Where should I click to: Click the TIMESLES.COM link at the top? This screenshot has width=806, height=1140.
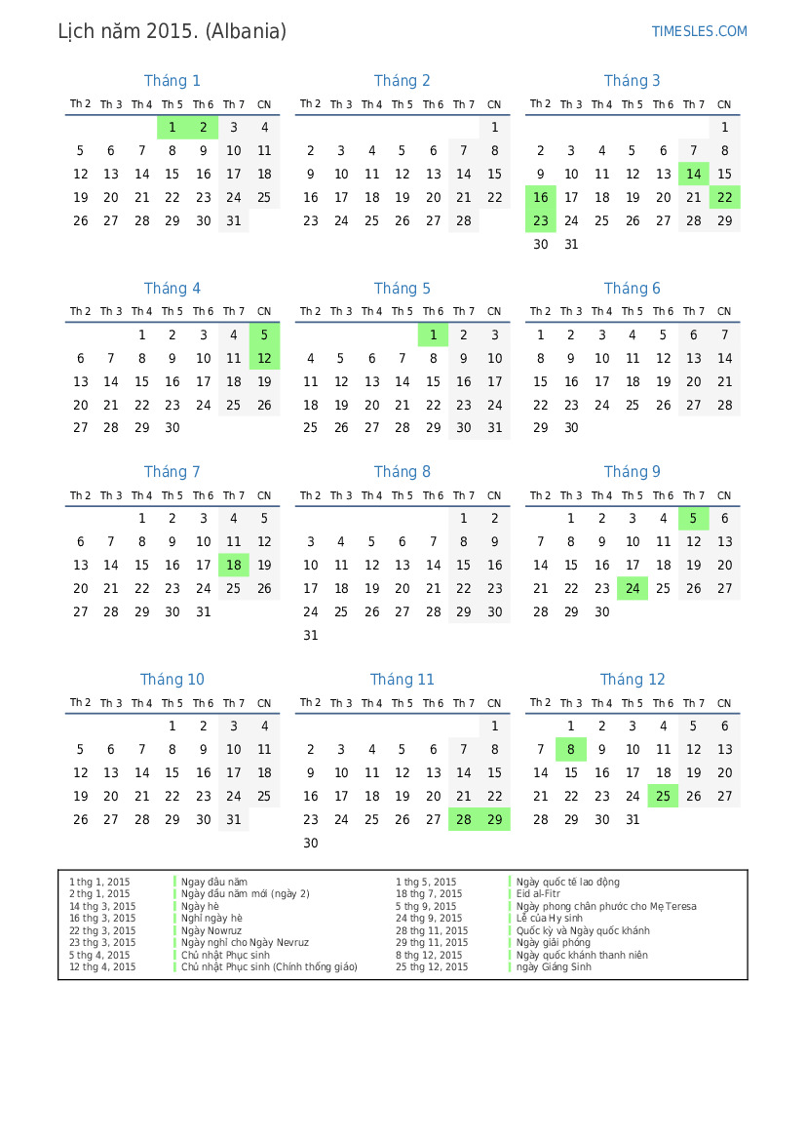click(699, 31)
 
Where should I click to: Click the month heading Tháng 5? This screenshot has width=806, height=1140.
click(402, 289)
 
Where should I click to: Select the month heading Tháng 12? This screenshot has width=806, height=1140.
click(633, 680)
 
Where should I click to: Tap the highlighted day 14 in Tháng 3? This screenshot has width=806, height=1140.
click(693, 175)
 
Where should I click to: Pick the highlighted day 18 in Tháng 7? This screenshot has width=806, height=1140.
click(233, 566)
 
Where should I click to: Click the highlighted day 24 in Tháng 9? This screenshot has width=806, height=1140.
click(633, 589)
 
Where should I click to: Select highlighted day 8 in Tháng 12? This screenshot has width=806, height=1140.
click(570, 750)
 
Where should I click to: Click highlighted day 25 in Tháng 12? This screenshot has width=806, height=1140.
click(663, 797)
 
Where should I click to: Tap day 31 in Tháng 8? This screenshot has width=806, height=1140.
click(310, 636)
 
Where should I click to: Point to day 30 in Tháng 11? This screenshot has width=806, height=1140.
click(310, 844)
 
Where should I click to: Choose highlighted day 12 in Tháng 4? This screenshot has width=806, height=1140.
click(264, 359)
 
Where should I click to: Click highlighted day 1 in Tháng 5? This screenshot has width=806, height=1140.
click(433, 335)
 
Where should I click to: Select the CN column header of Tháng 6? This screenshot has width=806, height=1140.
click(723, 312)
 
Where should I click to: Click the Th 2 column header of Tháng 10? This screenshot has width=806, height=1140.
click(80, 703)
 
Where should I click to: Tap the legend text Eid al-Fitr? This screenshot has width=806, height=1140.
click(538, 894)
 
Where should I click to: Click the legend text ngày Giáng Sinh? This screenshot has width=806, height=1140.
click(554, 967)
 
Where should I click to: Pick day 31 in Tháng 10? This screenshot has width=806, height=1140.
click(233, 820)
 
